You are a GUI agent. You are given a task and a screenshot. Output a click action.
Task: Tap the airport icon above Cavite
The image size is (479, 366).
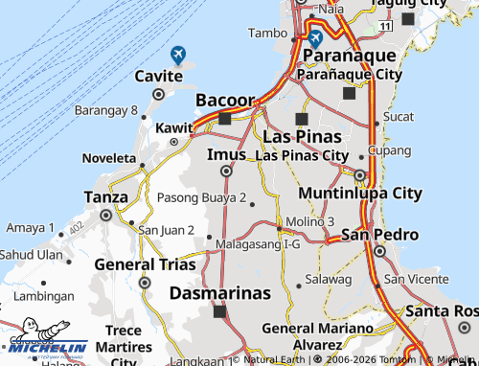(177, 56)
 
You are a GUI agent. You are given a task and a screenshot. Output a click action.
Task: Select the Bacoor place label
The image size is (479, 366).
(225, 101)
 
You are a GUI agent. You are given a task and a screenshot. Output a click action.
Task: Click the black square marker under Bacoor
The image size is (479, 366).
(225, 119)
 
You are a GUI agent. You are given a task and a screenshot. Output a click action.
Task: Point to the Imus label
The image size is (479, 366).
(226, 153)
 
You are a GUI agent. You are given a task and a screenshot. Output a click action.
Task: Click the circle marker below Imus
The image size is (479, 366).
(226, 172)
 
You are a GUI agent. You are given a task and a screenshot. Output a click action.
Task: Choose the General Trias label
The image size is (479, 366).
(143, 264)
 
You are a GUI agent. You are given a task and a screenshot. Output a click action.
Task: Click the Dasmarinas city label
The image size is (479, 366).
(220, 293)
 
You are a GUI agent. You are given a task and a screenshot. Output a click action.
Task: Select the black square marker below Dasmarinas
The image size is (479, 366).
(219, 311)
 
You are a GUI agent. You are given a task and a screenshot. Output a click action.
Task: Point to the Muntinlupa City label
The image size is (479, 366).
(359, 194)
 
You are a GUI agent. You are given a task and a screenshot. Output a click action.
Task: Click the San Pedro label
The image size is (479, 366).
(379, 235)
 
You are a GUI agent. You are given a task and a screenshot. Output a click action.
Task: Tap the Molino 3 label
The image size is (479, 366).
(309, 221)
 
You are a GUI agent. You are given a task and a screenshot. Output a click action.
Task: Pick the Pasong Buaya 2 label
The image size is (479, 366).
(201, 198)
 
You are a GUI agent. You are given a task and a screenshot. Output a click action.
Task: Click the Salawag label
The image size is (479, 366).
(322, 279)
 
